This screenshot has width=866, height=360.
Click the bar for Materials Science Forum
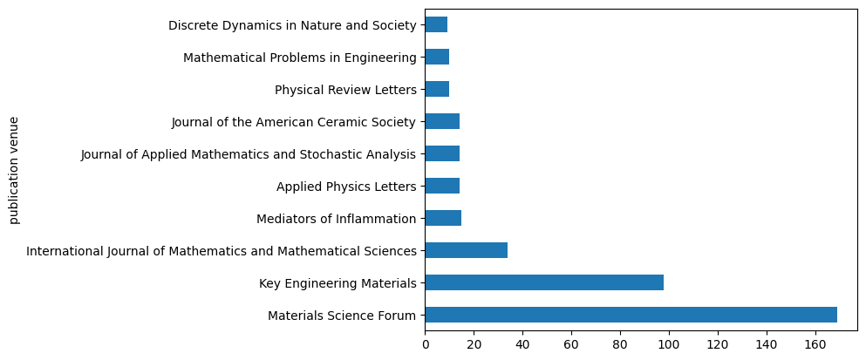click(631, 315)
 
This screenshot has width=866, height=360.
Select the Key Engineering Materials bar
click(544, 282)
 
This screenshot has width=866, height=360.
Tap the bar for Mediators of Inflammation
click(443, 218)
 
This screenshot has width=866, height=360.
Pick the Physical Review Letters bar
click(437, 89)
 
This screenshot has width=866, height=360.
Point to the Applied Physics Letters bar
click(442, 186)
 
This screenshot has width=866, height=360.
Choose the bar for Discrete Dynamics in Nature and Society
click(436, 24)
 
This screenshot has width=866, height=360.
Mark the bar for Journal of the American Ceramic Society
click(442, 121)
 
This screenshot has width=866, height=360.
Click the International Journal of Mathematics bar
click(467, 250)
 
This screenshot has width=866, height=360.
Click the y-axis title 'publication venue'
click(14, 170)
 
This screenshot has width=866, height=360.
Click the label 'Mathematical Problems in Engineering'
click(299, 58)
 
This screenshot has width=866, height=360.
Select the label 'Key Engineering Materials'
click(338, 283)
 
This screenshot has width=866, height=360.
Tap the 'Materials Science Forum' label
click(342, 316)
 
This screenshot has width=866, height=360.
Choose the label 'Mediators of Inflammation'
click(336, 219)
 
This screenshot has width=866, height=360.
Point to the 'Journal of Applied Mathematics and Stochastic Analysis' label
click(248, 154)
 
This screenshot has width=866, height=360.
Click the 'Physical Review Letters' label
click(345, 90)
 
